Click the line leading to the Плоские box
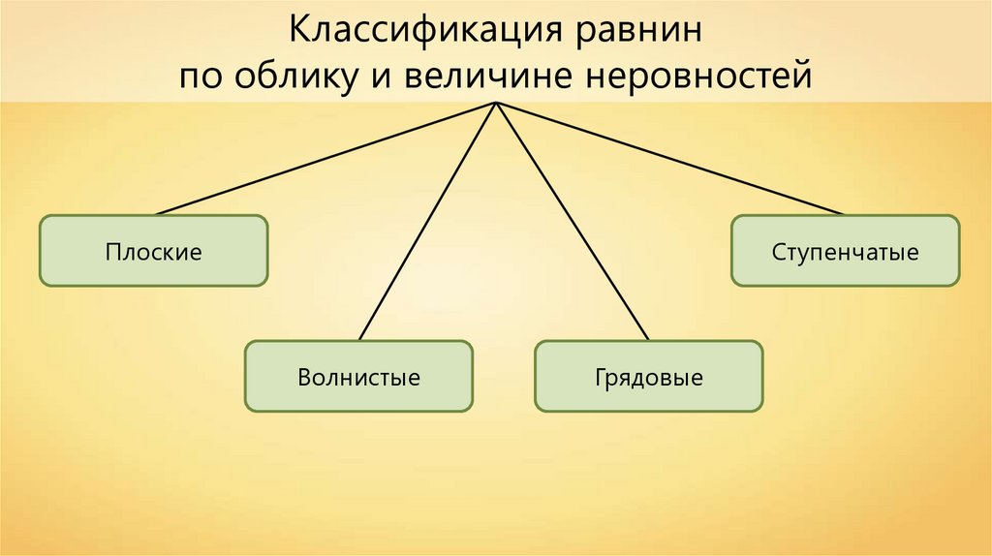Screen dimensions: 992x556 click(x=325, y=158)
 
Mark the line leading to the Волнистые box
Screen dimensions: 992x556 click(x=427, y=221)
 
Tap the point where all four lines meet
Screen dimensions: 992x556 click(x=496, y=103)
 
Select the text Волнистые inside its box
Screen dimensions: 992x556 click(x=358, y=376)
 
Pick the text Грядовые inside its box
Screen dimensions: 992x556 click(x=649, y=376)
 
